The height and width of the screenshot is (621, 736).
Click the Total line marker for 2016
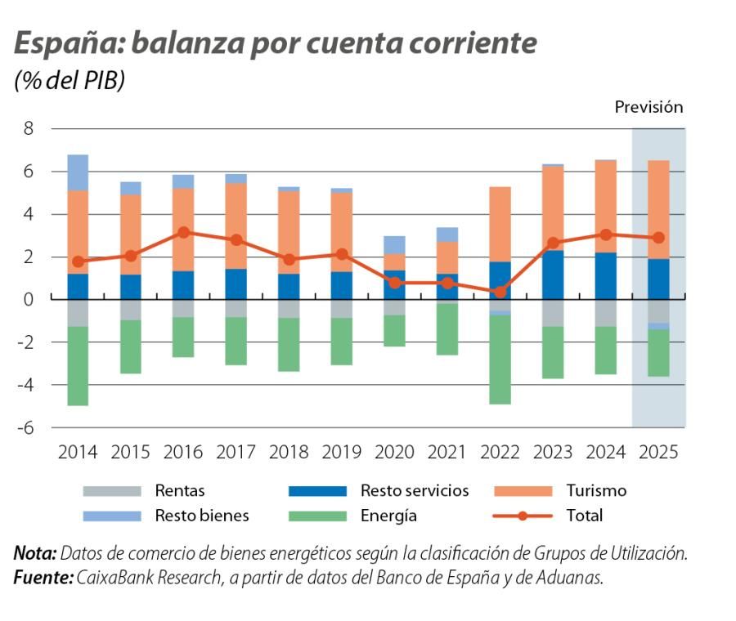(x=184, y=232)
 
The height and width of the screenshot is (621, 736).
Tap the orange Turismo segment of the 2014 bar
(x=79, y=232)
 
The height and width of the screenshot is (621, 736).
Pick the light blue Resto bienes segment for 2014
(x=79, y=172)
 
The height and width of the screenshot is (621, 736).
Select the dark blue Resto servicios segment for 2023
(x=553, y=275)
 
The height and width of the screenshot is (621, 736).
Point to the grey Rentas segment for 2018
(x=289, y=309)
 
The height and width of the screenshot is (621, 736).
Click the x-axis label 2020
(x=394, y=452)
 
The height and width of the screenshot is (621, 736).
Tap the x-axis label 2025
(x=658, y=452)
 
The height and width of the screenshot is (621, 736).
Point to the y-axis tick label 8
(x=29, y=128)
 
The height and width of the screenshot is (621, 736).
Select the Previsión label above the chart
(x=648, y=107)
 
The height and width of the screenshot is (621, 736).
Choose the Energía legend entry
(x=388, y=516)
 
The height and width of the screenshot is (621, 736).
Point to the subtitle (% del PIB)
(x=70, y=82)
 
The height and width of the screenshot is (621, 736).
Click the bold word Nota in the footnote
(x=34, y=553)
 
